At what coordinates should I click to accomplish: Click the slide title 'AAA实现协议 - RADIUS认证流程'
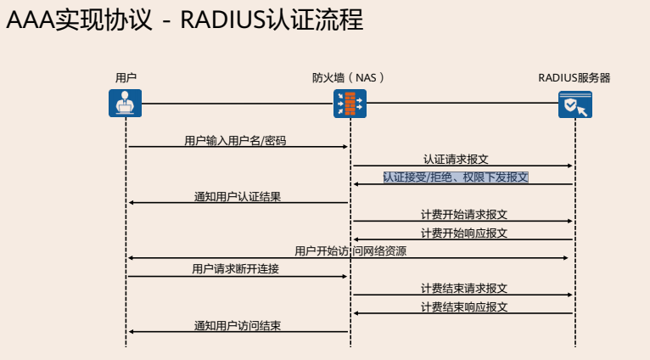[x=185, y=20]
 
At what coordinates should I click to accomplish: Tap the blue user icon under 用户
[x=126, y=104]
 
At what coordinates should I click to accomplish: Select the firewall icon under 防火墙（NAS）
[x=350, y=104]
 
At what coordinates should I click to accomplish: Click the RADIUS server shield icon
[x=575, y=104]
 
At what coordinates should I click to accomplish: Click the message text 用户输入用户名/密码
[x=241, y=140]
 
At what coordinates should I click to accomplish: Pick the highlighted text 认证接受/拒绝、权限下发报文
[x=456, y=177]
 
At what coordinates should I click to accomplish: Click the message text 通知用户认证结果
[x=238, y=196]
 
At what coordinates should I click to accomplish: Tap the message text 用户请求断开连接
[x=236, y=269]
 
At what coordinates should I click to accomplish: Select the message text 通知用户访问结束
[x=238, y=325]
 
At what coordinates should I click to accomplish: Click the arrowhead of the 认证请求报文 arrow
[x=571, y=166]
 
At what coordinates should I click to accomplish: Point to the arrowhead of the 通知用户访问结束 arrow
[x=131, y=332]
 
